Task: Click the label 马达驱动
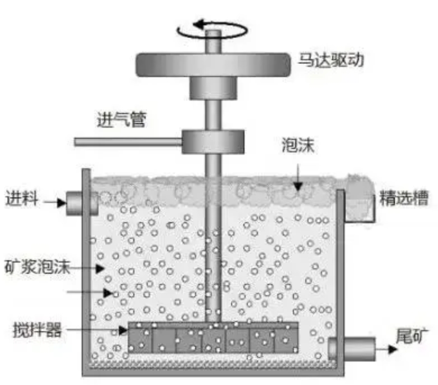coord(331,60)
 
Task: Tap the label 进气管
coord(122,120)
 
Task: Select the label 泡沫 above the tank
coord(298,145)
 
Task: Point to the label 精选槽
coord(404,198)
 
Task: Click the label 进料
coord(22,198)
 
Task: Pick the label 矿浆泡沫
coord(37,266)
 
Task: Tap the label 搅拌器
coord(37,330)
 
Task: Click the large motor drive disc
coord(213,65)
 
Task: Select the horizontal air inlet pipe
coord(128,142)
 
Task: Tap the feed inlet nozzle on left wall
coord(82,203)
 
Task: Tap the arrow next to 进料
coord(55,202)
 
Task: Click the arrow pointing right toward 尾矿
coord(387,349)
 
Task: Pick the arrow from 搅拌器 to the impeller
coord(97,330)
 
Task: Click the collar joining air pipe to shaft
coord(213,142)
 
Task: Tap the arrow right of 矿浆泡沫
coord(87,269)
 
